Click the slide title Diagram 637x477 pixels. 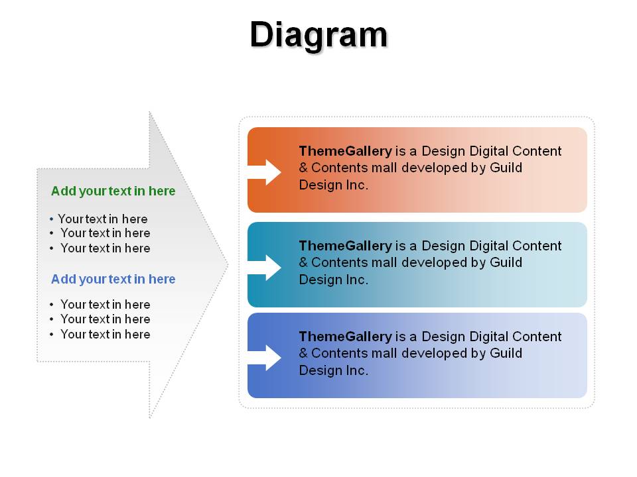[x=318, y=36]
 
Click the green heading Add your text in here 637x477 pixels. [x=113, y=191]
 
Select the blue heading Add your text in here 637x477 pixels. [x=113, y=279]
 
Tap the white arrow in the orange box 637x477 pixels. [x=264, y=172]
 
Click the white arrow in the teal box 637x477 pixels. [x=264, y=268]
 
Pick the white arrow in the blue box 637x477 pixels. [x=264, y=358]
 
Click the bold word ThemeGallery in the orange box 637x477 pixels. [x=345, y=151]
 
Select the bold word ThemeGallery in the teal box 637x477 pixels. [x=345, y=246]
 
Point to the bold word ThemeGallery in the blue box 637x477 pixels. [x=345, y=337]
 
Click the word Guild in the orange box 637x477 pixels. [x=506, y=168]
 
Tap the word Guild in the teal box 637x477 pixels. [x=506, y=262]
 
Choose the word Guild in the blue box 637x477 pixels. [x=506, y=353]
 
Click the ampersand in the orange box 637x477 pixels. [x=303, y=168]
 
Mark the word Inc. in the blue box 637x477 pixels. [x=357, y=370]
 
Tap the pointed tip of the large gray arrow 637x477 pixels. [x=228, y=265]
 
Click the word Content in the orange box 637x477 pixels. [x=537, y=151]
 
